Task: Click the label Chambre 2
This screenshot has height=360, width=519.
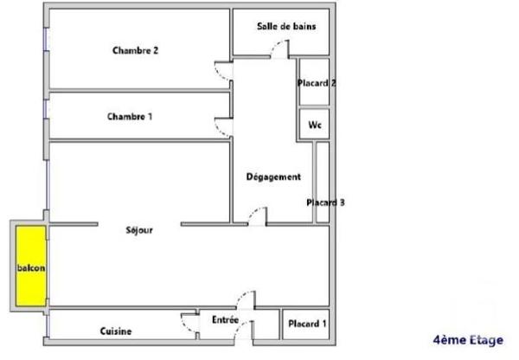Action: tap(135, 50)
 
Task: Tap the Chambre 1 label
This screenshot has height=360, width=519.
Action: tap(129, 116)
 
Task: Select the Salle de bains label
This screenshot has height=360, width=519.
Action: tap(285, 27)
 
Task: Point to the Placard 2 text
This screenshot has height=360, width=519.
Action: tap(316, 84)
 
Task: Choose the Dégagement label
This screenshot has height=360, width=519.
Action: tap(273, 177)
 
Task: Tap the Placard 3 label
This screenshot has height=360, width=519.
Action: tap(325, 202)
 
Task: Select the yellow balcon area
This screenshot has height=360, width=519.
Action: tap(31, 267)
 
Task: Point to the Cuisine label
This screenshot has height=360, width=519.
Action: tap(115, 331)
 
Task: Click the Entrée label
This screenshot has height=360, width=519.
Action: tap(225, 320)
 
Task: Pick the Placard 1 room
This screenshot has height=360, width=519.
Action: tap(307, 325)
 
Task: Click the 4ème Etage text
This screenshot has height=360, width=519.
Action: tap(467, 340)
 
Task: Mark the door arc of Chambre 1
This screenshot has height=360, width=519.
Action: tap(222, 126)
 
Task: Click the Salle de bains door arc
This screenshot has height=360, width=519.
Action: tap(277, 50)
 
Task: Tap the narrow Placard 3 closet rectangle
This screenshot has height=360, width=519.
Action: tap(322, 182)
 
